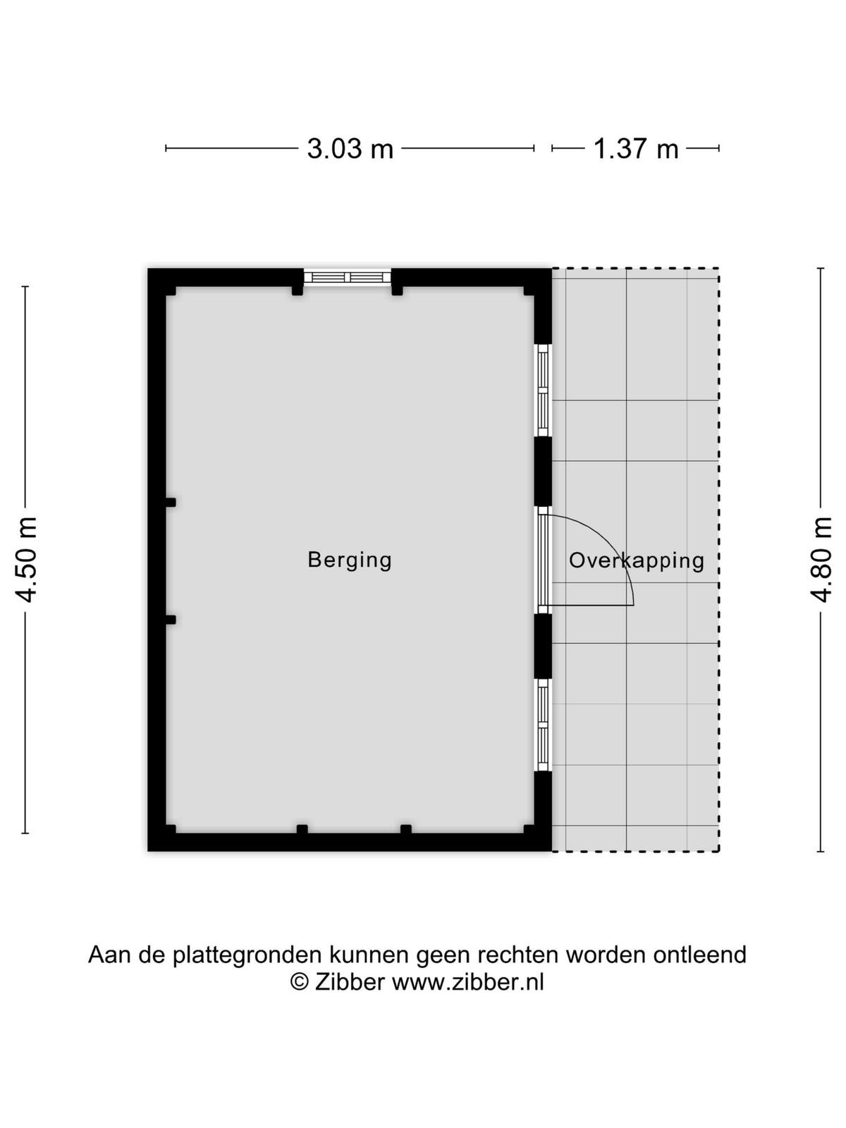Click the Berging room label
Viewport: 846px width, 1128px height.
(x=349, y=560)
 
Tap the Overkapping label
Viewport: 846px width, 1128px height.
(x=637, y=560)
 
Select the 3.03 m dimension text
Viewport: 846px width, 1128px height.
(x=350, y=149)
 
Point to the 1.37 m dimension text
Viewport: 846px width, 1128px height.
(x=636, y=149)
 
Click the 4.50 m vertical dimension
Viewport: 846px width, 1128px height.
(x=26, y=560)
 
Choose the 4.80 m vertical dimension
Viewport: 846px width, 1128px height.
(x=821, y=560)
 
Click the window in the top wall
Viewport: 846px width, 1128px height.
(x=348, y=278)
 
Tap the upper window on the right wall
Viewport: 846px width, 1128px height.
(x=543, y=390)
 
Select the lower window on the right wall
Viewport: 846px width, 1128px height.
(x=543, y=725)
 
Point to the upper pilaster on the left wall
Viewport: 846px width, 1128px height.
(x=171, y=502)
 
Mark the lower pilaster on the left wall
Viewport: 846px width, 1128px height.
(x=171, y=620)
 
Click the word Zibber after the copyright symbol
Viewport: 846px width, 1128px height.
(x=349, y=983)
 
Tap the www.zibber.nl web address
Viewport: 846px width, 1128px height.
(x=468, y=983)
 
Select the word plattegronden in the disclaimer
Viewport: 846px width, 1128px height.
(x=249, y=955)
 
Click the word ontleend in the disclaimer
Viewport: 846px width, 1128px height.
(x=699, y=955)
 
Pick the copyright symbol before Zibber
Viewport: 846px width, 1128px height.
(x=300, y=983)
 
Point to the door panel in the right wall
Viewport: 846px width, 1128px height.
(x=543, y=560)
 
